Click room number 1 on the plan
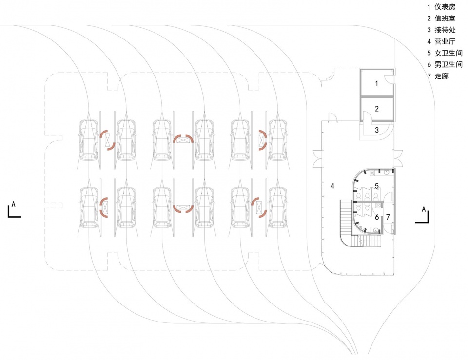tap(376, 84)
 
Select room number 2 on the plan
tap(376, 109)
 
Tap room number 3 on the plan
tap(376, 130)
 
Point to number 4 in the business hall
tap(332, 186)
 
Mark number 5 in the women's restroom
tap(376, 186)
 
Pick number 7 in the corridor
tap(388, 217)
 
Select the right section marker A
tap(423, 214)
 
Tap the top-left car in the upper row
tap(89, 140)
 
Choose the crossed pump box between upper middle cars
tap(183, 140)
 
